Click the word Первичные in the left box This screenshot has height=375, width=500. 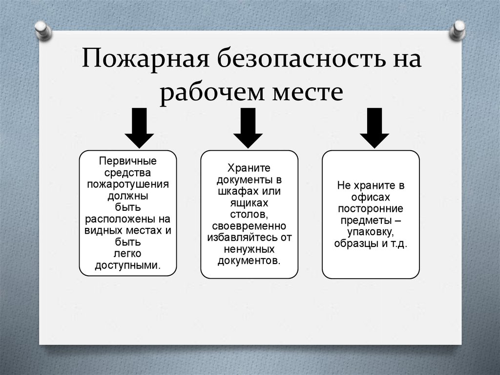(127, 161)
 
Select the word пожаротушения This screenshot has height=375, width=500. (127, 184)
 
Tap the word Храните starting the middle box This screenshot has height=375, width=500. (249, 167)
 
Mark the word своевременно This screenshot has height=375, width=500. (249, 226)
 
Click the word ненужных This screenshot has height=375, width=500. (249, 249)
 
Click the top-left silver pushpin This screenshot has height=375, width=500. (43, 29)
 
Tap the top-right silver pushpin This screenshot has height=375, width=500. (458, 29)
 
